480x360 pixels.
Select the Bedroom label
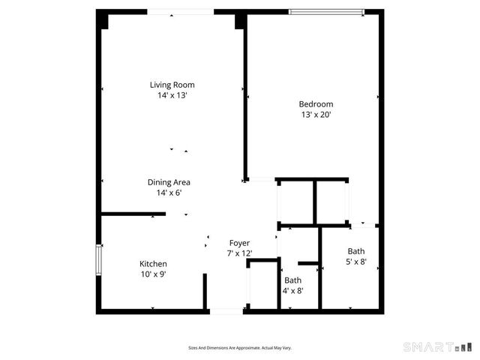pos(316,104)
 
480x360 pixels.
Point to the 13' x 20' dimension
pos(316,115)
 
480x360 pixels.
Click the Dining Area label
pos(168,182)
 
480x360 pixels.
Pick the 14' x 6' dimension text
pos(168,193)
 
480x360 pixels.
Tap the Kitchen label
pos(153,264)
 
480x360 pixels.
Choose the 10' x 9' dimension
pos(153,274)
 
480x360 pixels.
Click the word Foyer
pos(239,243)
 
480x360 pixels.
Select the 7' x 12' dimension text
pos(239,253)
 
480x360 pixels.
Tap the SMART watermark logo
pos(439,346)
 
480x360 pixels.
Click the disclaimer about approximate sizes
pos(240,348)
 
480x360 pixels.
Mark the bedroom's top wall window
pos(327,11)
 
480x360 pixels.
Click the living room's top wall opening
pos(180,11)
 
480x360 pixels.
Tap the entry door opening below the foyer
pos(226,310)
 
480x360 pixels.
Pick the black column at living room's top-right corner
pos(240,20)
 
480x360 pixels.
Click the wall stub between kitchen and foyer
pos(204,291)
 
